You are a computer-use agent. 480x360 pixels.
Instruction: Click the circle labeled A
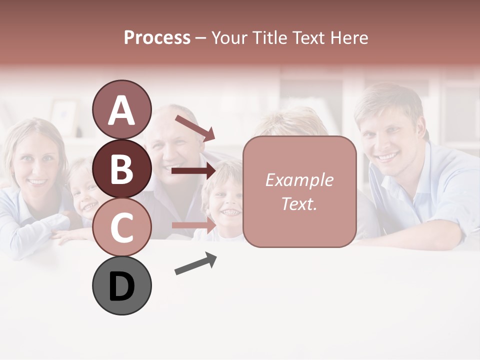click(121, 110)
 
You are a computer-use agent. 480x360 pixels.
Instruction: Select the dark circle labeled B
click(121, 168)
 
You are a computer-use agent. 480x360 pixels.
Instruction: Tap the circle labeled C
click(121, 227)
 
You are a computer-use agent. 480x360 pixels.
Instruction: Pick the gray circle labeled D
click(121, 285)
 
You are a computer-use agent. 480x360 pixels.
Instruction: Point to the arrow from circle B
click(193, 171)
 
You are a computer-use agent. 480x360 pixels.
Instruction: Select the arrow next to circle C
click(193, 225)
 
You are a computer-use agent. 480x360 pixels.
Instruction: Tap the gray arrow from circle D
click(195, 263)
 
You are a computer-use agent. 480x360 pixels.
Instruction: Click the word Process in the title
click(157, 37)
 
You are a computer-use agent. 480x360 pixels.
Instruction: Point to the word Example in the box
click(299, 180)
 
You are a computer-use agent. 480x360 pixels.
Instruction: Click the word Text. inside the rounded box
click(299, 203)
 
